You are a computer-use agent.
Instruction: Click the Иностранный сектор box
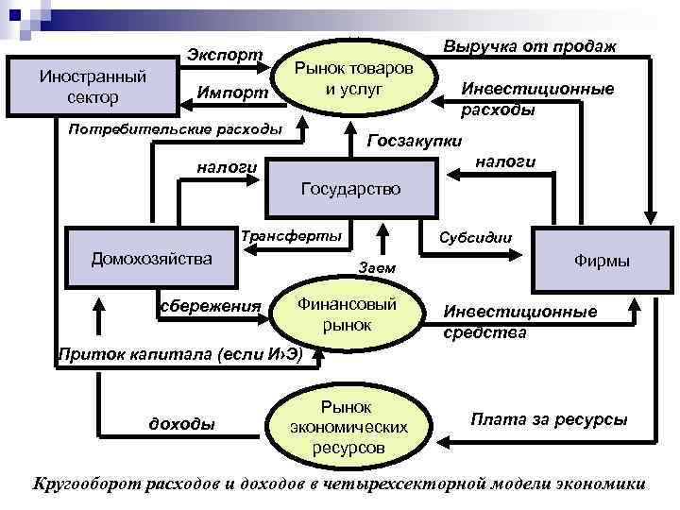[92, 87]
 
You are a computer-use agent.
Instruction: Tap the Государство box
[350, 189]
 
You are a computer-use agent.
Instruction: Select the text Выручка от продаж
[530, 46]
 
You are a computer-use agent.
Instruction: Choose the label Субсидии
[475, 236]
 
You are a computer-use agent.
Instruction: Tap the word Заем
[378, 270]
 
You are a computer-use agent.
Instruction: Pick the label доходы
[182, 423]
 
